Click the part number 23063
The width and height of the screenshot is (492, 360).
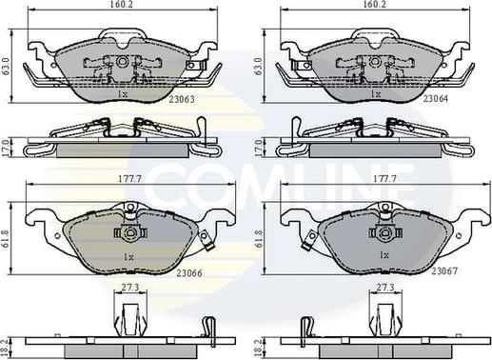[182, 99]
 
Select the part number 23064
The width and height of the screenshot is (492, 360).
[436, 99]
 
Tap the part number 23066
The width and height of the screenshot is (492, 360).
[189, 273]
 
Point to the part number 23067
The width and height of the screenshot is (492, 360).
[444, 270]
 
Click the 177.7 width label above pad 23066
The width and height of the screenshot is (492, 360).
[129, 179]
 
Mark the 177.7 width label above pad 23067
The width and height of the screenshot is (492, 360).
[385, 179]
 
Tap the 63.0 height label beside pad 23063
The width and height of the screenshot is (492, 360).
[6, 67]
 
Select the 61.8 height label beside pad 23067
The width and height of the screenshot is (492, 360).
[260, 239]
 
